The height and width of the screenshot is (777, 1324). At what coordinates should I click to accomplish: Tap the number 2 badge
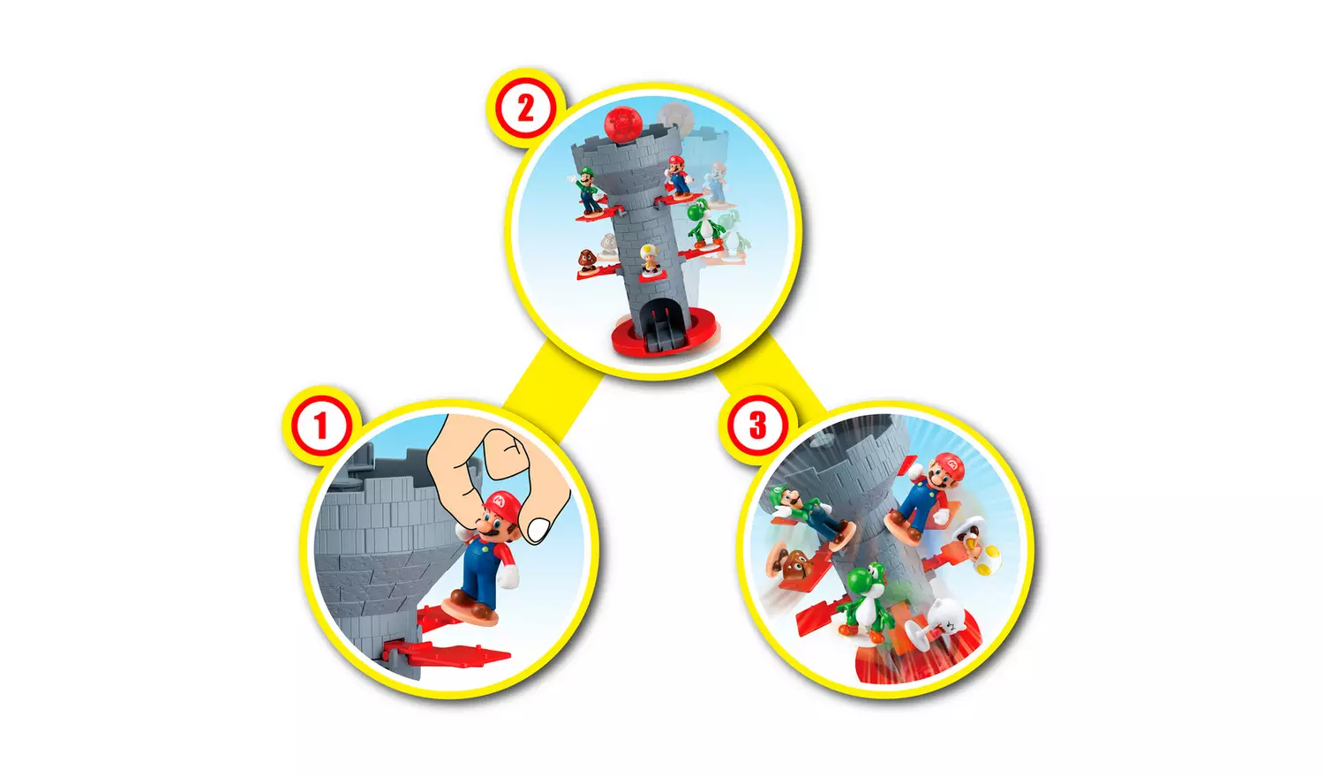(525, 109)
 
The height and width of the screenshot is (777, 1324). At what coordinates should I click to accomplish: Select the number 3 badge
(757, 426)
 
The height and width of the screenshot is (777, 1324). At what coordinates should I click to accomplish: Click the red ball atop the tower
(622, 123)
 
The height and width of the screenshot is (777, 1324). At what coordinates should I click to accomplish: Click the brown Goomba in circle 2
(587, 261)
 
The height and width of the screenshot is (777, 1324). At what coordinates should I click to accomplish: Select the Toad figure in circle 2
(650, 259)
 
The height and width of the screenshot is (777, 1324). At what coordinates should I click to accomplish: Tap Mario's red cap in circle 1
(500, 504)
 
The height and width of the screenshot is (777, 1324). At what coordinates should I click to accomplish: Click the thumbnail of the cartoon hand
(538, 528)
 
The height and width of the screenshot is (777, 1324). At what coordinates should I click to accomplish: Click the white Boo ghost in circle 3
(946, 622)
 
